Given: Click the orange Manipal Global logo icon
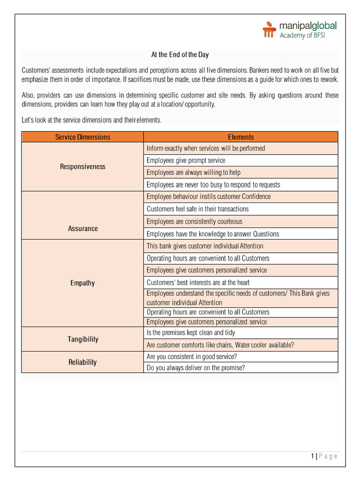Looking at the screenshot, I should [x=269, y=30].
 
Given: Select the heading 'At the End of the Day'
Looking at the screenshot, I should [x=180, y=55].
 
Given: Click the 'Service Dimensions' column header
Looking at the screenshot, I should [x=82, y=137].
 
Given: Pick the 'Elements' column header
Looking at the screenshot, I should [x=241, y=137].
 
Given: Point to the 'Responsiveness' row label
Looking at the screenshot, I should [x=82, y=166].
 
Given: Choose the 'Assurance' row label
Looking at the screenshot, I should [x=82, y=228].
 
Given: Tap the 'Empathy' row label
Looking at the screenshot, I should [x=82, y=283].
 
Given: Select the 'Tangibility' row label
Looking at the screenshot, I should [x=82, y=339].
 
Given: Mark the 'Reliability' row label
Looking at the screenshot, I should [x=82, y=362].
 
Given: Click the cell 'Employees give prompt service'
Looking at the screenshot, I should [x=186, y=160].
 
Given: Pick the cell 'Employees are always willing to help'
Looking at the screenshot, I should [x=193, y=172].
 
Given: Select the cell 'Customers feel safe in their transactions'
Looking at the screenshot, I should [x=197, y=209].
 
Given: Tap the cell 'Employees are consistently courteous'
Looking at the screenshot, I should [x=194, y=221].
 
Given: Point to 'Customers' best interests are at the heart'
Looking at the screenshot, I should [x=198, y=283].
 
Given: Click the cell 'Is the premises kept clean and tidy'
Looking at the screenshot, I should [x=191, y=333].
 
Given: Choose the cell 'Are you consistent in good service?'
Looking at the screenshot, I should [x=191, y=356].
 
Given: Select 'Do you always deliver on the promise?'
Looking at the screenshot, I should [x=195, y=368].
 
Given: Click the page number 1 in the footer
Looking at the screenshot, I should [x=312, y=456].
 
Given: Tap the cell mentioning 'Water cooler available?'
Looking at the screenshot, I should [x=220, y=345].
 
